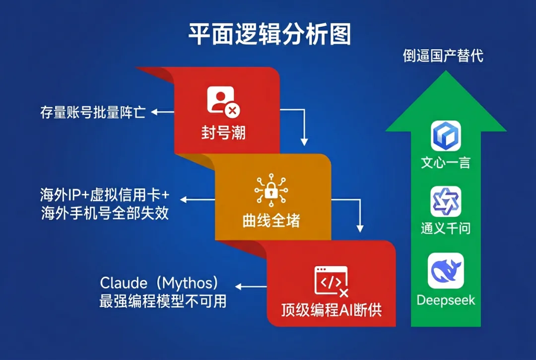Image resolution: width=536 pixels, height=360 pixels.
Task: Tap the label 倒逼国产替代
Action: [443, 56]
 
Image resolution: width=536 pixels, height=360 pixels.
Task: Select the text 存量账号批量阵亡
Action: [93, 112]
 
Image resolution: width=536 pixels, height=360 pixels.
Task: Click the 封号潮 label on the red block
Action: [223, 133]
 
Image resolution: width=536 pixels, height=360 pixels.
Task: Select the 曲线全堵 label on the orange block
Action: [271, 221]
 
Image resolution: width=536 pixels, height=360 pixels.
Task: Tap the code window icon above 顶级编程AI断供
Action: [331, 282]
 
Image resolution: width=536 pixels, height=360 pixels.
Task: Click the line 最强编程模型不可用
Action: [163, 301]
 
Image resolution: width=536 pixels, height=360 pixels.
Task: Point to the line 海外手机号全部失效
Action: [105, 213]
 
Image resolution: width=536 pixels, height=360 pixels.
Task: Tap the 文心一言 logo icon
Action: [446, 136]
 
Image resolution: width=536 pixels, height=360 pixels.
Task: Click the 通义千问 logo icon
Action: [446, 202]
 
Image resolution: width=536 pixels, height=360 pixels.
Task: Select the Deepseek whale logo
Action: [446, 271]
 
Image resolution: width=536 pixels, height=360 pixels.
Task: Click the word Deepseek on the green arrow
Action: [446, 300]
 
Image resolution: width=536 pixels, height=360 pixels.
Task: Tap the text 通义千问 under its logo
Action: [446, 228]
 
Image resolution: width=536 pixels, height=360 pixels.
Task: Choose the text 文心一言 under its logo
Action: [446, 162]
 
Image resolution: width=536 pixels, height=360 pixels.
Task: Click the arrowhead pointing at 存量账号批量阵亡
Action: [154, 112]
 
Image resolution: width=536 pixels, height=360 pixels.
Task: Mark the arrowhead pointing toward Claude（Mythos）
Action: [238, 287]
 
